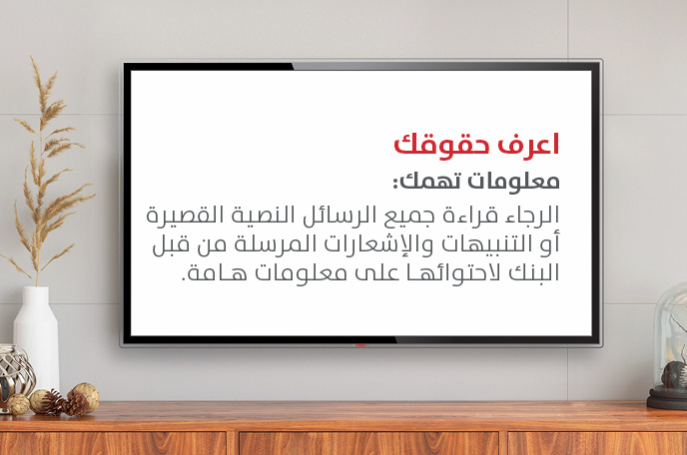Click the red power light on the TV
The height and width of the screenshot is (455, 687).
(x=360, y=345)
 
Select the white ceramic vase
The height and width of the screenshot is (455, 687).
(x=36, y=337)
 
